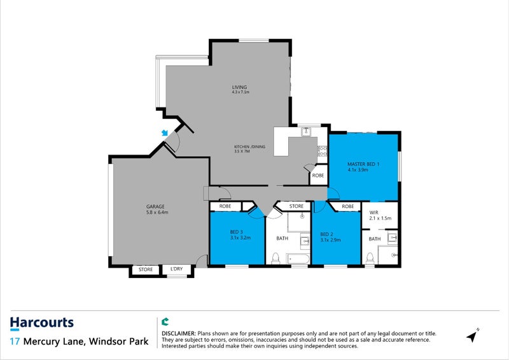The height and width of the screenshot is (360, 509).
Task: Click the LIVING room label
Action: [x=239, y=87]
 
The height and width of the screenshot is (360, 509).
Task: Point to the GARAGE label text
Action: [x=155, y=207]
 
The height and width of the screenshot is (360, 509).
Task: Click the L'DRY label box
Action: [x=176, y=270]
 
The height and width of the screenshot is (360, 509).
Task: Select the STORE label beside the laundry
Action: [x=146, y=270]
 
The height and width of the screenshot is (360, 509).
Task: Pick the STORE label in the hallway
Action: [x=296, y=206]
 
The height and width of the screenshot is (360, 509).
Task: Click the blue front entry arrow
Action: [x=165, y=132]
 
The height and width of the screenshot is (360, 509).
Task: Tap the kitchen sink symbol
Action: [x=305, y=132]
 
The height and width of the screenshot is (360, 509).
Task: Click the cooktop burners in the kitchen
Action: [x=323, y=153]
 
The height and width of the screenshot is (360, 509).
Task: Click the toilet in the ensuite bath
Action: [x=370, y=258]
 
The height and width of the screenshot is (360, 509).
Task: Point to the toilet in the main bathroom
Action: [x=275, y=258]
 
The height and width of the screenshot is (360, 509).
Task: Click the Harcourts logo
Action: [x=42, y=323]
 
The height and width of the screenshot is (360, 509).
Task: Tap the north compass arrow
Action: [x=472, y=335]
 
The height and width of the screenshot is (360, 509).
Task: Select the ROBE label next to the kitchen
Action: [x=317, y=175]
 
